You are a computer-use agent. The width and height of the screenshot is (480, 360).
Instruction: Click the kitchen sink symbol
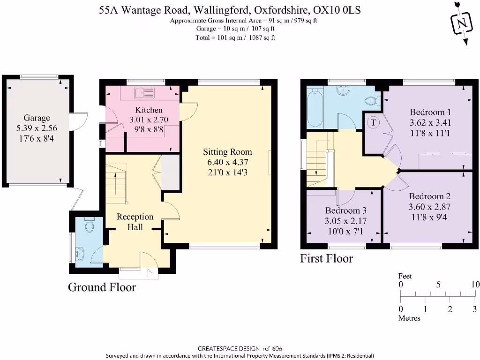click(144, 93)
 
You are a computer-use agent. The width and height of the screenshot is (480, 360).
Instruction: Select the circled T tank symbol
click(374, 122)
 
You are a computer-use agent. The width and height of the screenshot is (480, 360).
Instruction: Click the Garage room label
click(37, 118)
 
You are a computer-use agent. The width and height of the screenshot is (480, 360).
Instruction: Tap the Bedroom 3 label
click(343, 210)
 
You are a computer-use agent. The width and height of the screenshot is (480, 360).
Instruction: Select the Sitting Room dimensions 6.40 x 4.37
click(227, 162)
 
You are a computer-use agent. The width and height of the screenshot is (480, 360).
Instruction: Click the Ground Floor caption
click(102, 287)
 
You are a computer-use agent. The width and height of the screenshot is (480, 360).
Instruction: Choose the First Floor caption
click(326, 258)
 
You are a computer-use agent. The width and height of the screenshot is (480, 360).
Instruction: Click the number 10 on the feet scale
click(475, 285)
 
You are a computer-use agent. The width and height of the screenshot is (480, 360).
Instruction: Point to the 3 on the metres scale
click(474, 309)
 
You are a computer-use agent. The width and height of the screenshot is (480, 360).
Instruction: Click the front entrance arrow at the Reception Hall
click(149, 272)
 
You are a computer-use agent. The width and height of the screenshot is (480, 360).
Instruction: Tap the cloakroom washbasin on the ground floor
click(79, 254)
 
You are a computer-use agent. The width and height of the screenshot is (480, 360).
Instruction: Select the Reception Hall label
click(135, 222)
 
